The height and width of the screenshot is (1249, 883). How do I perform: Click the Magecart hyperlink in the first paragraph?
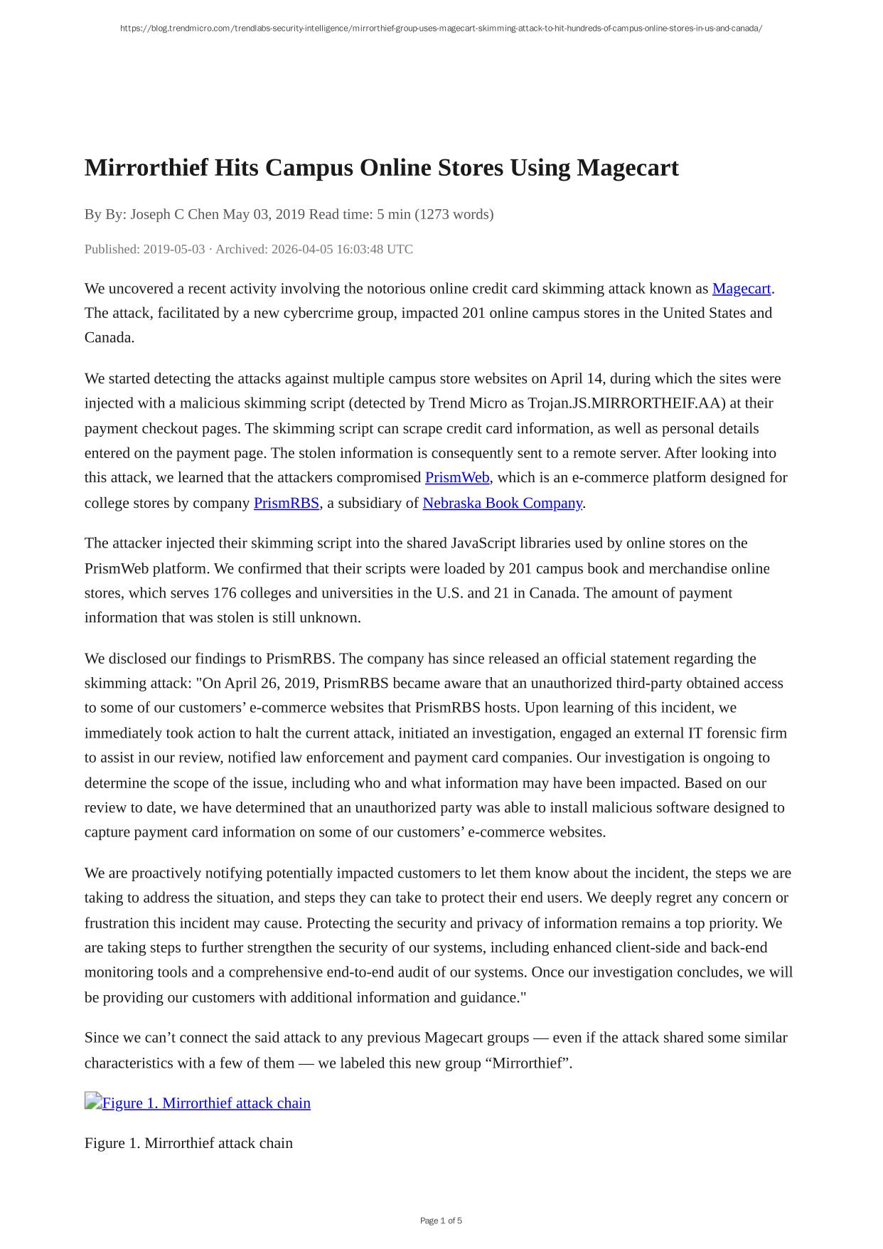[741, 289]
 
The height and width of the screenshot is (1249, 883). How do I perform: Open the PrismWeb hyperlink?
[457, 478]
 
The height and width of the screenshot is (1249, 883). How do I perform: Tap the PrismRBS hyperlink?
[286, 504]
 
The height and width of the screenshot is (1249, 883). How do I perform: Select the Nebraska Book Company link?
[502, 504]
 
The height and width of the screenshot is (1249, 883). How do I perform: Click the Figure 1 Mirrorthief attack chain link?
[206, 1103]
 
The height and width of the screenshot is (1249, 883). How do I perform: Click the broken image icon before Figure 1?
[92, 1102]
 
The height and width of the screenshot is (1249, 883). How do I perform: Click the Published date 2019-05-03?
[173, 249]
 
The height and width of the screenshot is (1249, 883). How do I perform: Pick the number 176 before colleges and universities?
[225, 593]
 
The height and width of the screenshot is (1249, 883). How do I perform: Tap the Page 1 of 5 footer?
[441, 1221]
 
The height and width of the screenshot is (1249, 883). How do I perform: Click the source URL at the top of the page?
[441, 28]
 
